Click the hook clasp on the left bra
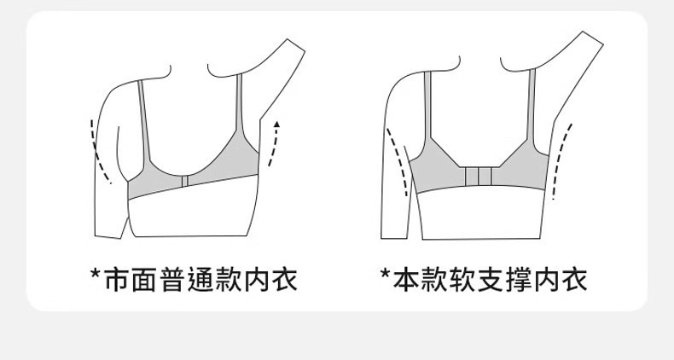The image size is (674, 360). pyautogui.click(x=184, y=182)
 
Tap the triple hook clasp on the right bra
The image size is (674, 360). pyautogui.click(x=479, y=177)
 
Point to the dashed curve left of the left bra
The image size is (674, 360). pyautogui.click(x=99, y=154)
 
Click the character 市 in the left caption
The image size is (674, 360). pyautogui.click(x=118, y=278)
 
